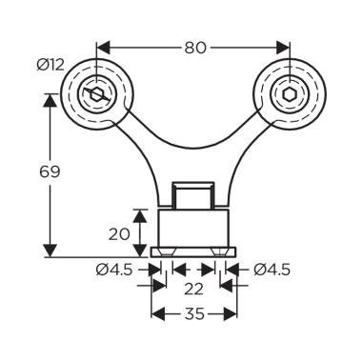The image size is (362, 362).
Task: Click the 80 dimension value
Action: (x=195, y=48)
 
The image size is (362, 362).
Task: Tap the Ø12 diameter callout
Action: (x=50, y=66)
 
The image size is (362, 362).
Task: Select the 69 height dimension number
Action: (x=50, y=171)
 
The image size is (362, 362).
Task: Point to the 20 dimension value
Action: (x=119, y=234)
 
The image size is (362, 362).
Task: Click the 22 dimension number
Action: (x=193, y=289)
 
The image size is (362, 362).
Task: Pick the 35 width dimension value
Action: (x=194, y=314)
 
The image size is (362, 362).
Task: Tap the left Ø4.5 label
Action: (x=113, y=271)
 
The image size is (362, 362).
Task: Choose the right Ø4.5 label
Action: (x=271, y=271)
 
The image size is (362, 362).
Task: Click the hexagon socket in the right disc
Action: (x=290, y=94)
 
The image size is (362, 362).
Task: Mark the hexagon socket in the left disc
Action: (x=97, y=94)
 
